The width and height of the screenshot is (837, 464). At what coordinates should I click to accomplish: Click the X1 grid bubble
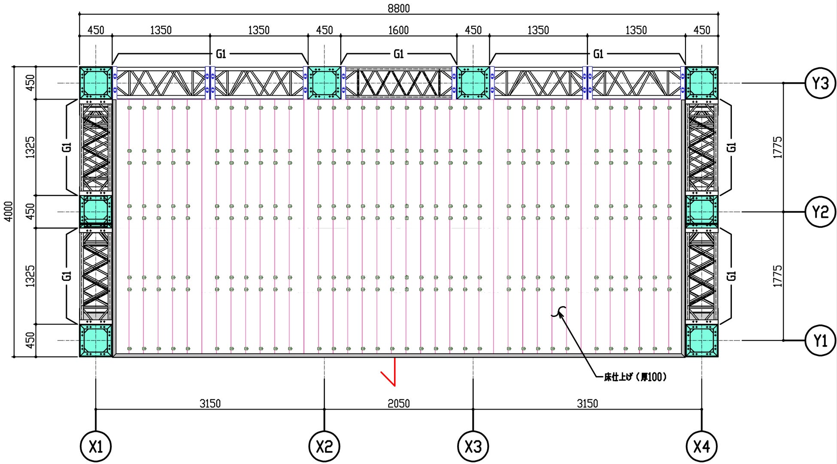click(x=95, y=447)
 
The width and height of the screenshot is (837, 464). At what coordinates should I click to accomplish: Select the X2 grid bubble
click(x=324, y=447)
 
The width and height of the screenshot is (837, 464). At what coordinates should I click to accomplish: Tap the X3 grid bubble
click(x=473, y=447)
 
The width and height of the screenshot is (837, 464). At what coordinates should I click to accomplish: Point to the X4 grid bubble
click(x=701, y=447)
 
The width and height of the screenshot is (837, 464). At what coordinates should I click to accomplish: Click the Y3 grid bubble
click(x=820, y=83)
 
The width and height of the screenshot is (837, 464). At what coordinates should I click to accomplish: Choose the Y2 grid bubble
click(x=820, y=212)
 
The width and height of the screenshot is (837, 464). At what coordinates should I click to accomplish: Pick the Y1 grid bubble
click(x=820, y=340)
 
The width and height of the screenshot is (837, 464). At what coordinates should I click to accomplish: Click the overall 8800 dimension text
click(x=399, y=9)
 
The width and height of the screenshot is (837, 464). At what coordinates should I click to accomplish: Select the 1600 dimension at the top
click(x=398, y=30)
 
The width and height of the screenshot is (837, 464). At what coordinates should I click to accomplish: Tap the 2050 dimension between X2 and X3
click(x=399, y=404)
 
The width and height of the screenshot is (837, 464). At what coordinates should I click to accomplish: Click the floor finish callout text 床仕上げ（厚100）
click(x=635, y=377)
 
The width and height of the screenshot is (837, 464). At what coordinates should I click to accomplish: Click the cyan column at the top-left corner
click(x=95, y=83)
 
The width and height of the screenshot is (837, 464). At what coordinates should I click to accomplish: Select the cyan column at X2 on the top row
click(x=324, y=83)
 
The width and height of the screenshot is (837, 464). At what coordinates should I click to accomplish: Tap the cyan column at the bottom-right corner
click(x=701, y=340)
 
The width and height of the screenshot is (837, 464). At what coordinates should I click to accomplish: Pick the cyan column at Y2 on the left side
click(x=95, y=211)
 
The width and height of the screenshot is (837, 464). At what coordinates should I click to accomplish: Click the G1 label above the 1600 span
click(x=399, y=54)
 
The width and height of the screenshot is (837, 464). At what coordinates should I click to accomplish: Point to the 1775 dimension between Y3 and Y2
click(x=777, y=147)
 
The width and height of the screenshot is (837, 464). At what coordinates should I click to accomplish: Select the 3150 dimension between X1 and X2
click(x=210, y=404)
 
